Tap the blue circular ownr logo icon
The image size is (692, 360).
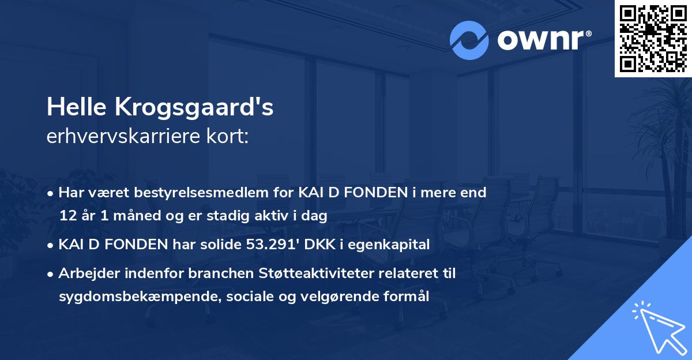click(x=469, y=40)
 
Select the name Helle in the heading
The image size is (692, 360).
click(x=76, y=107)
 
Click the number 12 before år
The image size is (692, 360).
click(x=66, y=216)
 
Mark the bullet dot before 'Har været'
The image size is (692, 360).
click(x=52, y=193)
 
